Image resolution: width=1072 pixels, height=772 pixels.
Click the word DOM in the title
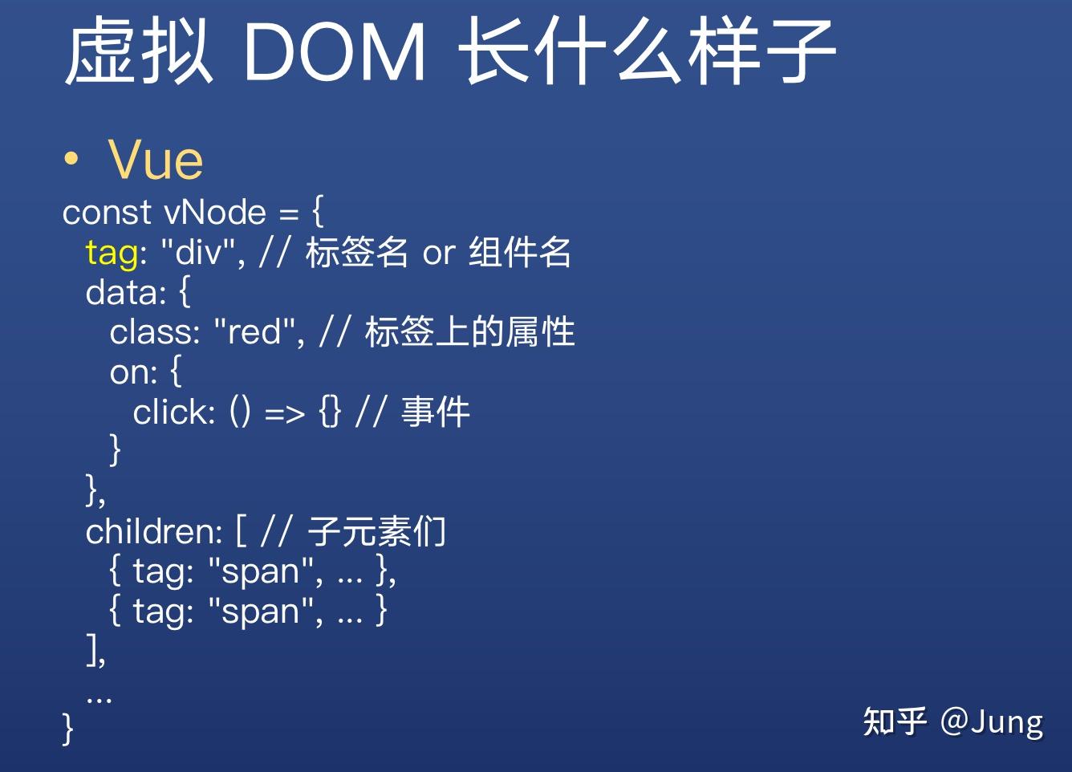[x=333, y=53]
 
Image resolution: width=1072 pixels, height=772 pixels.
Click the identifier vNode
[x=215, y=213]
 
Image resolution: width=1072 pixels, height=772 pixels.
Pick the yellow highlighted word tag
[x=112, y=254]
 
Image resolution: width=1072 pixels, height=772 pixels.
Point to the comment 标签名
[x=356, y=253]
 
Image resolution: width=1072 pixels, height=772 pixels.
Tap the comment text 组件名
[x=520, y=253]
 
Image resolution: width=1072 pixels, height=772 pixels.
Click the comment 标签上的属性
[x=470, y=332]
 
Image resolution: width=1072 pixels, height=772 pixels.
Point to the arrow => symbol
[x=285, y=414]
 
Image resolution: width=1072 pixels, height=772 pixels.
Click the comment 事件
[x=435, y=412]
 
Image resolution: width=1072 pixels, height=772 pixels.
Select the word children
[x=153, y=531]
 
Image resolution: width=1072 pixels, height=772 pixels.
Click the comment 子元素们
[x=376, y=531]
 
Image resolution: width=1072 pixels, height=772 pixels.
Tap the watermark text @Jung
[x=992, y=721]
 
